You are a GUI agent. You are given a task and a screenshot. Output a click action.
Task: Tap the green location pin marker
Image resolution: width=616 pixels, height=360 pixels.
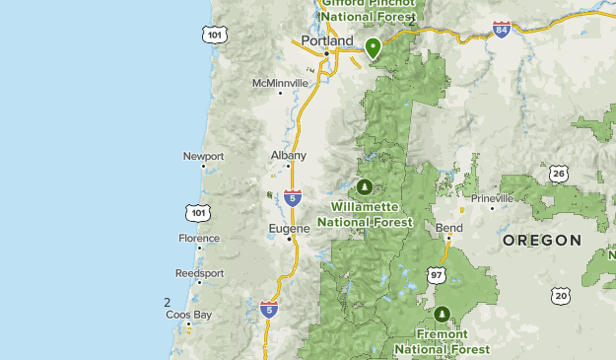374,46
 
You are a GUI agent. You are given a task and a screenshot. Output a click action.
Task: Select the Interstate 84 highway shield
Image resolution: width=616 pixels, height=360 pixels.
503,31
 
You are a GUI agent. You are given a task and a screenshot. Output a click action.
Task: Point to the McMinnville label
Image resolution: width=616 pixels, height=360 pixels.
280,83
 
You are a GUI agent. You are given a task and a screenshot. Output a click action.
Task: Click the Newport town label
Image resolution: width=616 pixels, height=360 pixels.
204,156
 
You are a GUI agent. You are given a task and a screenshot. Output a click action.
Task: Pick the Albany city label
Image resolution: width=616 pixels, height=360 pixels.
289,155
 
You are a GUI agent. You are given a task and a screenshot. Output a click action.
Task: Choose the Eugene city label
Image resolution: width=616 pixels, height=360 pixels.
290,228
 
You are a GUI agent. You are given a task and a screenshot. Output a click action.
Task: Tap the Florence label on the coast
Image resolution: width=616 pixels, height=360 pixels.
199,238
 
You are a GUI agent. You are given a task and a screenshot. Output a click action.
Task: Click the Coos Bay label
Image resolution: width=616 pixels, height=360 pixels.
188,316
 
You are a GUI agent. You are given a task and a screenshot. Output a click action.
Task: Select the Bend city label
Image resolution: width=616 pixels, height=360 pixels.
448,228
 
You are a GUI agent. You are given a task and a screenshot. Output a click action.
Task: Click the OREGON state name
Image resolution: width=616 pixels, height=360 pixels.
541,240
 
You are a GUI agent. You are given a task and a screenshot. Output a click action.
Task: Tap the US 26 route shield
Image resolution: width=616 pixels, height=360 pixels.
559,175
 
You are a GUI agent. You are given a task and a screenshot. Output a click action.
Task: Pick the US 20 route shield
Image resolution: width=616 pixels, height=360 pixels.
561,295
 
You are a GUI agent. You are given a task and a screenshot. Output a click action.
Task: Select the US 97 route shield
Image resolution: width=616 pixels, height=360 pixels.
437,274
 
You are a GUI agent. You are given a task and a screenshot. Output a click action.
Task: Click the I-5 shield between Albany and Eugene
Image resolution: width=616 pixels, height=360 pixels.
293,197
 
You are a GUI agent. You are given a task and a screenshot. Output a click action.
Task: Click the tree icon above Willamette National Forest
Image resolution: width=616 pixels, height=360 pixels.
366,186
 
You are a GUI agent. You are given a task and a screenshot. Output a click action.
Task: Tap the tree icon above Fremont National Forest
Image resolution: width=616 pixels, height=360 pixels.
443,314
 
